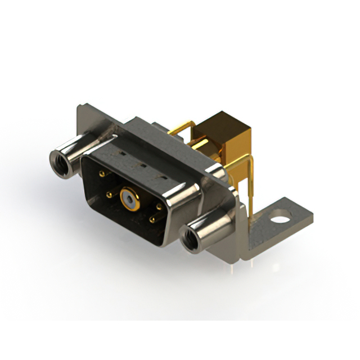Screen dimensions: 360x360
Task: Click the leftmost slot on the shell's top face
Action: [119, 152]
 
